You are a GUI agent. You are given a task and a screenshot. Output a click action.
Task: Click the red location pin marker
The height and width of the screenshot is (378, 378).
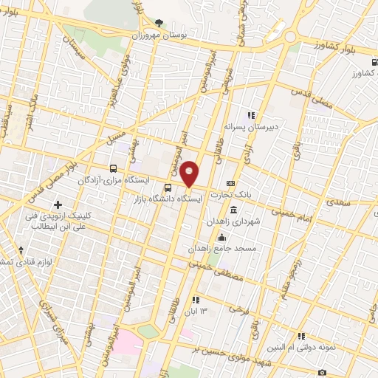[190, 174]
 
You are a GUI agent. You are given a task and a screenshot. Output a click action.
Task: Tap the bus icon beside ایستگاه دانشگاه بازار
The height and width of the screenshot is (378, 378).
[168, 188]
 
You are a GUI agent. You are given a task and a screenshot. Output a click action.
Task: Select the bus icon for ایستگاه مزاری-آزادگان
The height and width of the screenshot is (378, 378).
[113, 168]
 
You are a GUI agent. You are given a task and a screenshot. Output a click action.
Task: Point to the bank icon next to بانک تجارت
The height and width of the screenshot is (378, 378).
[231, 182]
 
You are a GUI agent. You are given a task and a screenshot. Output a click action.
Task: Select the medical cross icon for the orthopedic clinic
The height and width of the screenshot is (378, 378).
[58, 204]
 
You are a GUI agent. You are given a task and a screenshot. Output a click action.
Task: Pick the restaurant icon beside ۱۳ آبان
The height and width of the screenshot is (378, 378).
[196, 299]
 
